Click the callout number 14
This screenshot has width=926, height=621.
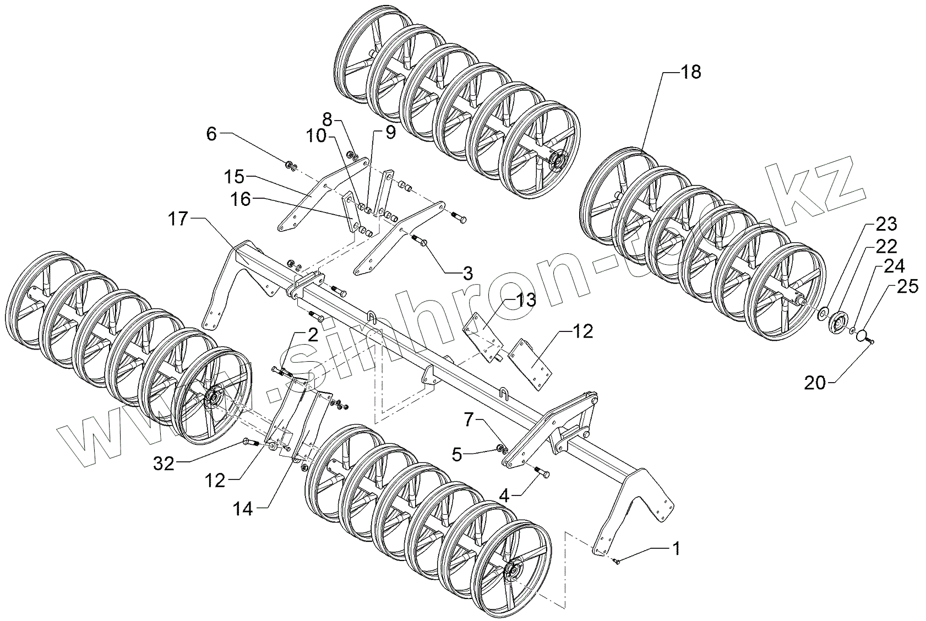(x=242, y=509)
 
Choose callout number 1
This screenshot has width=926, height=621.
(x=675, y=548)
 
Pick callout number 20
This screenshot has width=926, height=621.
(x=815, y=382)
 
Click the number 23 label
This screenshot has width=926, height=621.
(x=886, y=224)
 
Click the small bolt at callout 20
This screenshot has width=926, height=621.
(x=870, y=342)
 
